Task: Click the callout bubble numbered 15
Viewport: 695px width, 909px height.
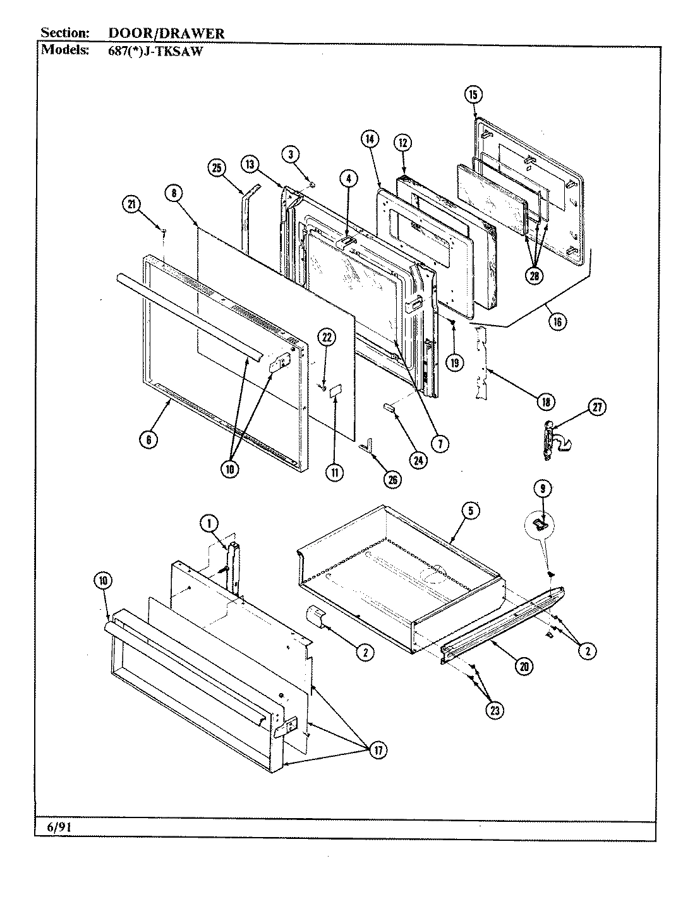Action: pos(473,95)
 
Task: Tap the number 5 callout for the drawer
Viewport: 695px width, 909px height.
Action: pos(471,511)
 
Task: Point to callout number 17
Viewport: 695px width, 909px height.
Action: pos(377,750)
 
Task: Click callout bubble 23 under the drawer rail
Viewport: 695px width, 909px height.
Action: pos(495,709)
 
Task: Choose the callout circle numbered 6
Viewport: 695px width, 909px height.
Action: pos(148,440)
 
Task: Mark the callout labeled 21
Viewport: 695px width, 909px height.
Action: pos(131,203)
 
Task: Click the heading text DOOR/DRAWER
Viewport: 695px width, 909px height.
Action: pos(166,33)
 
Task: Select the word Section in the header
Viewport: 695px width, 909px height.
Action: pos(64,33)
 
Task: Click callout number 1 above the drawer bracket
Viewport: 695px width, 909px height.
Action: pos(210,522)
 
